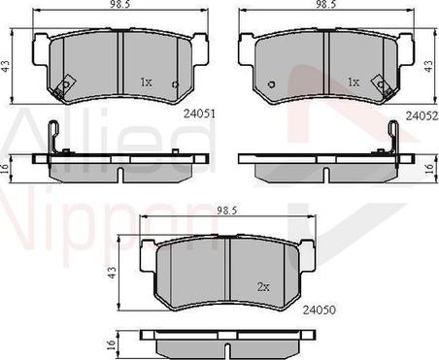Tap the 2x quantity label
click(263, 286)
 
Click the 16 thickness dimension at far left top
click(7, 167)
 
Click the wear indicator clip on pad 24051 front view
click(65, 86)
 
